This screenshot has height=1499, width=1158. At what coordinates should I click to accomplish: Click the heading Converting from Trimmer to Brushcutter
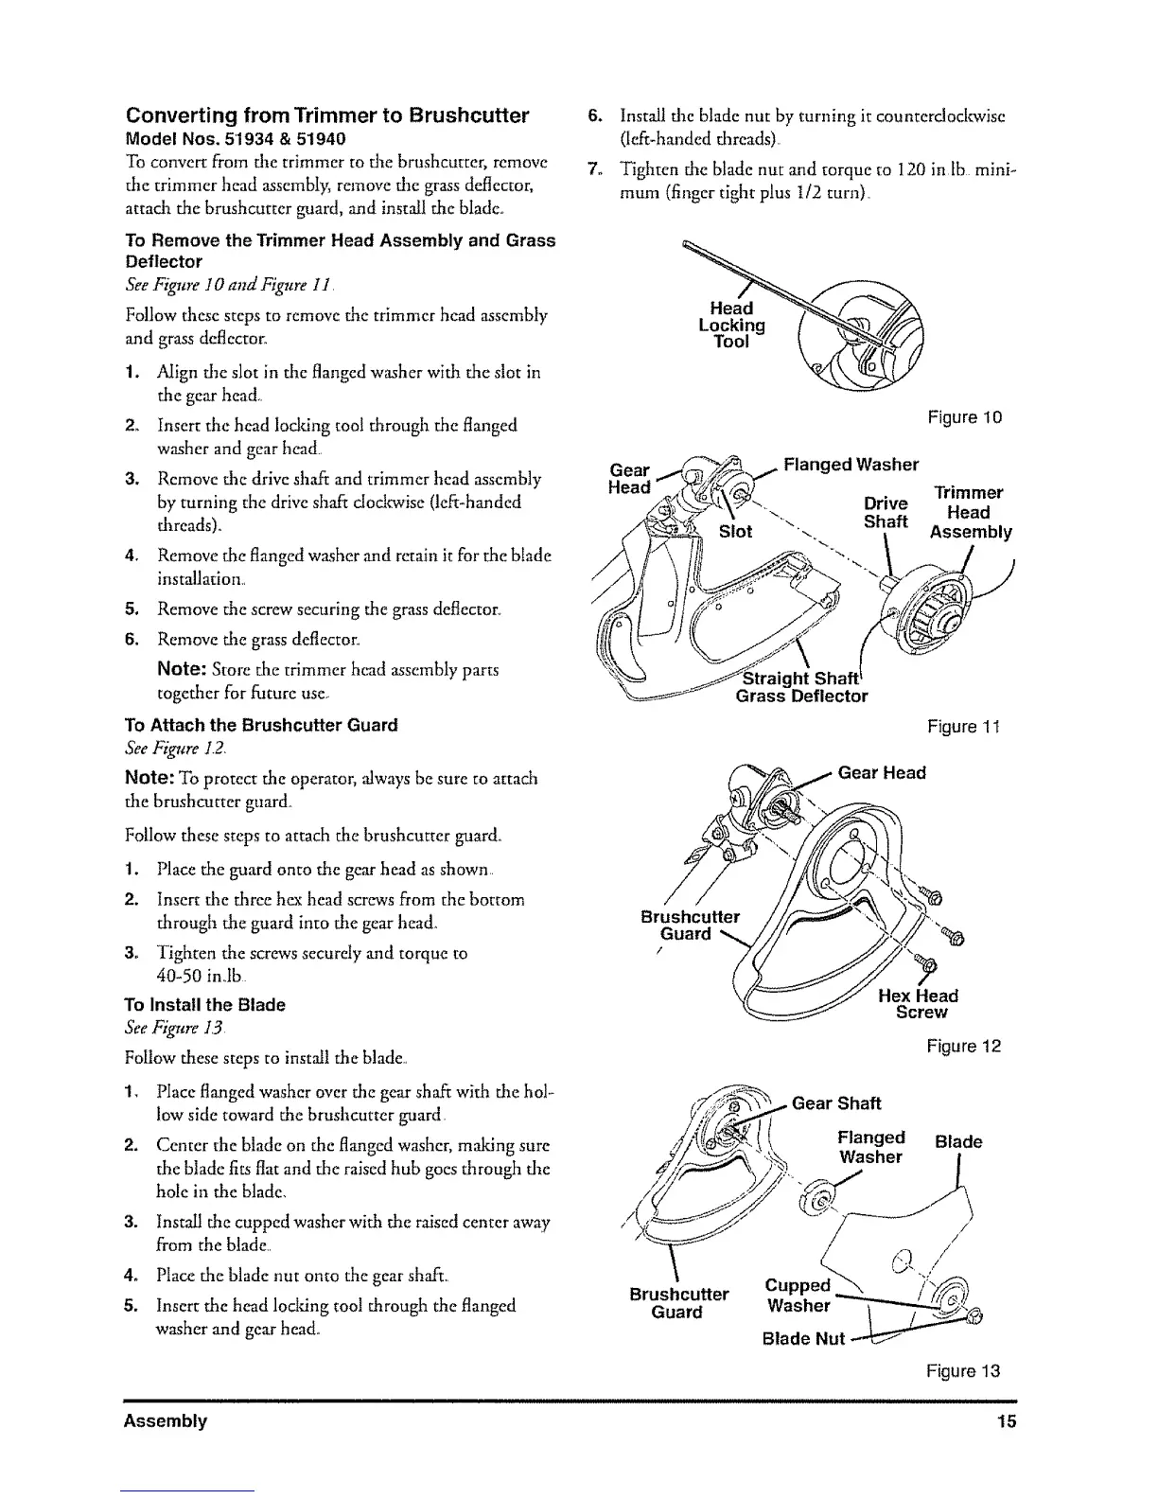[327, 116]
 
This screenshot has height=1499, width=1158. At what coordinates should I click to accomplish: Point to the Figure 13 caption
[962, 1371]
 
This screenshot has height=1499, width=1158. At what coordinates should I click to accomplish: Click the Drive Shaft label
[886, 512]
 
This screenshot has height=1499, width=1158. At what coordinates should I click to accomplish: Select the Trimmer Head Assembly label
[970, 513]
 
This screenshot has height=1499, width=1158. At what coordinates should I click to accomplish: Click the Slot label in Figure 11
[736, 532]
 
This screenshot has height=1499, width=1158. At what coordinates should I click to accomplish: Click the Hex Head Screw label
[919, 1004]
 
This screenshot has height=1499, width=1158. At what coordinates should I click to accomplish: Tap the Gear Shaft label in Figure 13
[835, 1103]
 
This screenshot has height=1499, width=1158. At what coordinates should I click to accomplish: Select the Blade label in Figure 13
[958, 1142]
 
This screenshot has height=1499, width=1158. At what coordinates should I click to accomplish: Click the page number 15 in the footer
[1005, 1421]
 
